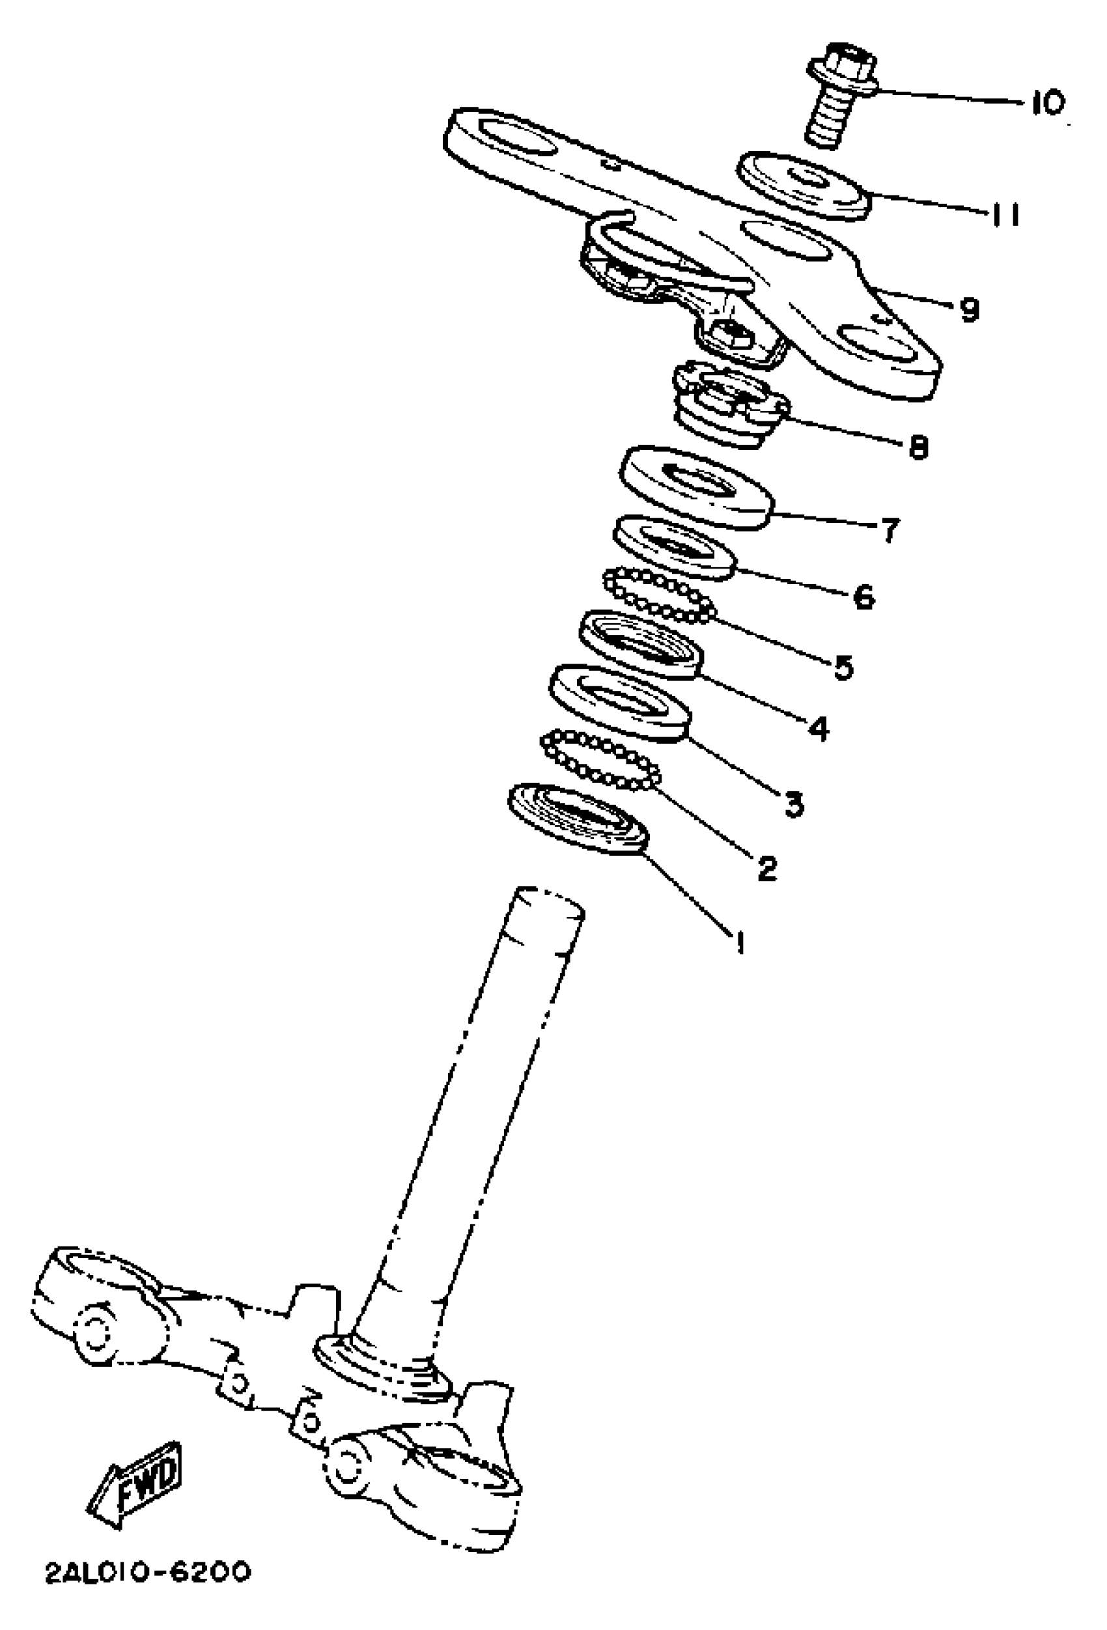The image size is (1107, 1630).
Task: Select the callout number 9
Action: (970, 309)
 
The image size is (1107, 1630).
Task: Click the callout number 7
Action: (890, 529)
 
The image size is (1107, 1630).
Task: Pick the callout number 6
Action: (863, 597)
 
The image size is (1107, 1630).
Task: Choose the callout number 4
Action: (818, 729)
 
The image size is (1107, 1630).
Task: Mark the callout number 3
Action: (792, 804)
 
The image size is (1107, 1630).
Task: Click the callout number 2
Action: (767, 868)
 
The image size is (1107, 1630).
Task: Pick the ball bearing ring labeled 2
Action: (600, 761)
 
